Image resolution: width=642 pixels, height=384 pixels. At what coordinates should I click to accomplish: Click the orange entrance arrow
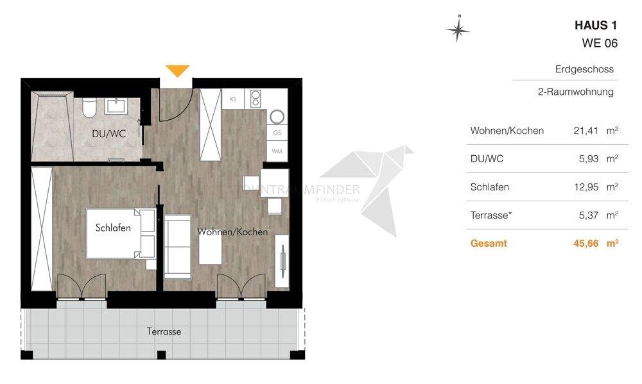(x=178, y=70)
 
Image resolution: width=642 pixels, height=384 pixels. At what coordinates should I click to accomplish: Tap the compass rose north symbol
(x=457, y=29)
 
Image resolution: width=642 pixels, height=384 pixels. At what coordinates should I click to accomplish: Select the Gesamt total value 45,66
(x=586, y=244)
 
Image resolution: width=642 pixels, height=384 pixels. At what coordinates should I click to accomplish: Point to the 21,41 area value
(x=586, y=131)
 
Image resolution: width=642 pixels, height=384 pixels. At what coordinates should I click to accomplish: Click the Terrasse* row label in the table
(x=491, y=215)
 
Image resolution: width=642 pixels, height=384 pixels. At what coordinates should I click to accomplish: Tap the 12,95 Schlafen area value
(x=586, y=187)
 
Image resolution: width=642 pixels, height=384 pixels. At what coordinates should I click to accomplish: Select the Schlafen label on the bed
(x=113, y=228)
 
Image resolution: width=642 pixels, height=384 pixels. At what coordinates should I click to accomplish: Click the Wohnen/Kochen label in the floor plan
(x=232, y=231)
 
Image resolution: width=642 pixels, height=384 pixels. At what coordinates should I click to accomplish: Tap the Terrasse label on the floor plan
(x=164, y=331)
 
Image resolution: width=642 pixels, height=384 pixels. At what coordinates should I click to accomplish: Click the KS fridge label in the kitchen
(x=233, y=99)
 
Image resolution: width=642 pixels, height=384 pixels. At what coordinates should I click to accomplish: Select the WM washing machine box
(x=277, y=151)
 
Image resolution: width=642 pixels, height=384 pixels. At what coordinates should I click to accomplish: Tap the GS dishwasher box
(x=277, y=133)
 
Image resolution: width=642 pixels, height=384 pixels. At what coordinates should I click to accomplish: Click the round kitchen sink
(x=278, y=116)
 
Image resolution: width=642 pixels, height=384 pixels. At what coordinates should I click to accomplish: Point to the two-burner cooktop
(x=256, y=99)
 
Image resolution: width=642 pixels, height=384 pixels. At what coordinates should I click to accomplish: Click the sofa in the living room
(x=177, y=247)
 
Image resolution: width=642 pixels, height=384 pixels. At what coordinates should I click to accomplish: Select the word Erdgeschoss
(x=584, y=69)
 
